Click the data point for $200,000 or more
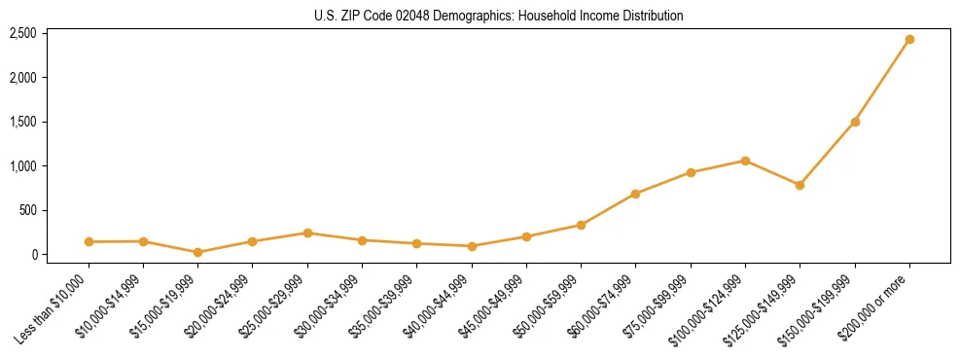coord(909,40)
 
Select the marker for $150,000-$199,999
coord(855,122)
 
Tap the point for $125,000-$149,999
coord(800,185)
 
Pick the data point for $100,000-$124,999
coord(745,161)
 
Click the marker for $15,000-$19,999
coord(198,252)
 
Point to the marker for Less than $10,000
coord(89,241)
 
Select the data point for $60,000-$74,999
coord(635,194)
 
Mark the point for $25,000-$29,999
coord(307,233)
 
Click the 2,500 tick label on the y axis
coord(22,33)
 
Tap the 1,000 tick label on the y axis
coord(22,166)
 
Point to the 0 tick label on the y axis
coord(34,255)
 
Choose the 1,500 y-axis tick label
coord(22,122)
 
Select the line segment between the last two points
coord(882,81)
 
